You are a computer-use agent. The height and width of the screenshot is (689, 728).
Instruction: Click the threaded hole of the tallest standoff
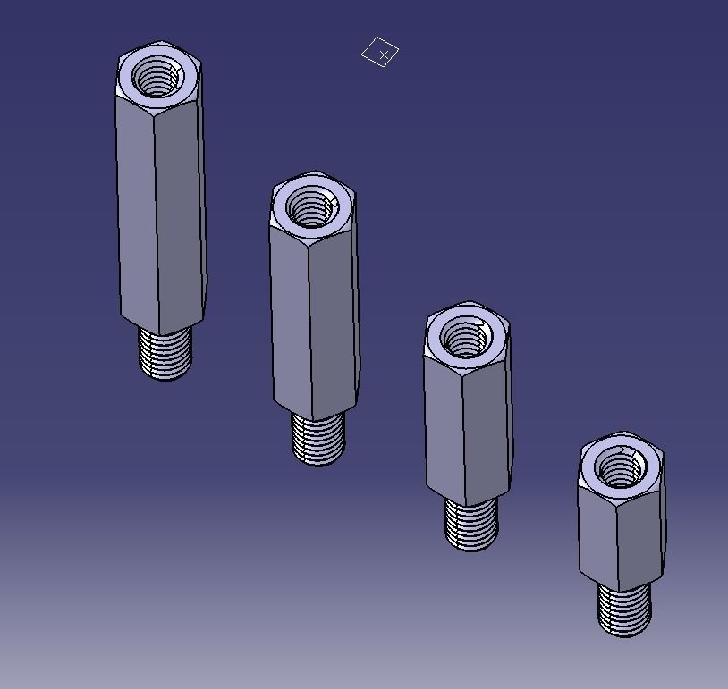point(157,77)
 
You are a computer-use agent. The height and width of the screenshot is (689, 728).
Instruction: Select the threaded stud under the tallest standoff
point(165,353)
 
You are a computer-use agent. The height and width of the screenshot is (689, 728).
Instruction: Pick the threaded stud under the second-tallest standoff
point(318,439)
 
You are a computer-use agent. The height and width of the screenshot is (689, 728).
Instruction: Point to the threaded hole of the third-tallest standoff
point(465,339)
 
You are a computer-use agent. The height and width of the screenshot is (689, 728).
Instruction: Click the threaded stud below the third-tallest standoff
point(471,525)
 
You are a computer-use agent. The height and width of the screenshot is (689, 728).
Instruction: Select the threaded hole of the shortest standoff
point(619,467)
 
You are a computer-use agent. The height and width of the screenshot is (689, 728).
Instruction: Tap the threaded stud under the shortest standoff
point(624,609)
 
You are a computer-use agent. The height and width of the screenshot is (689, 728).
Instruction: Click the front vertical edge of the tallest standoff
point(157,223)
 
